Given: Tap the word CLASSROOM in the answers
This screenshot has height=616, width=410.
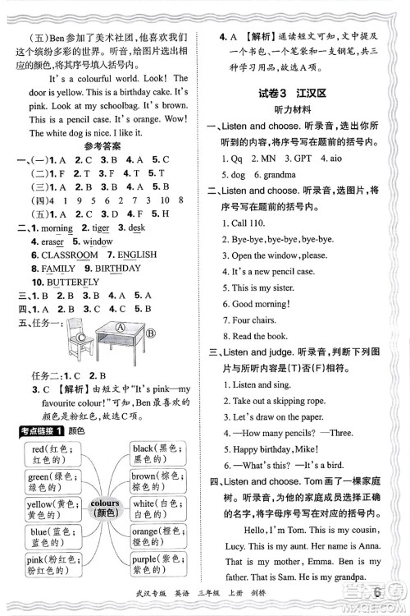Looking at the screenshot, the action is pos(66,255).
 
